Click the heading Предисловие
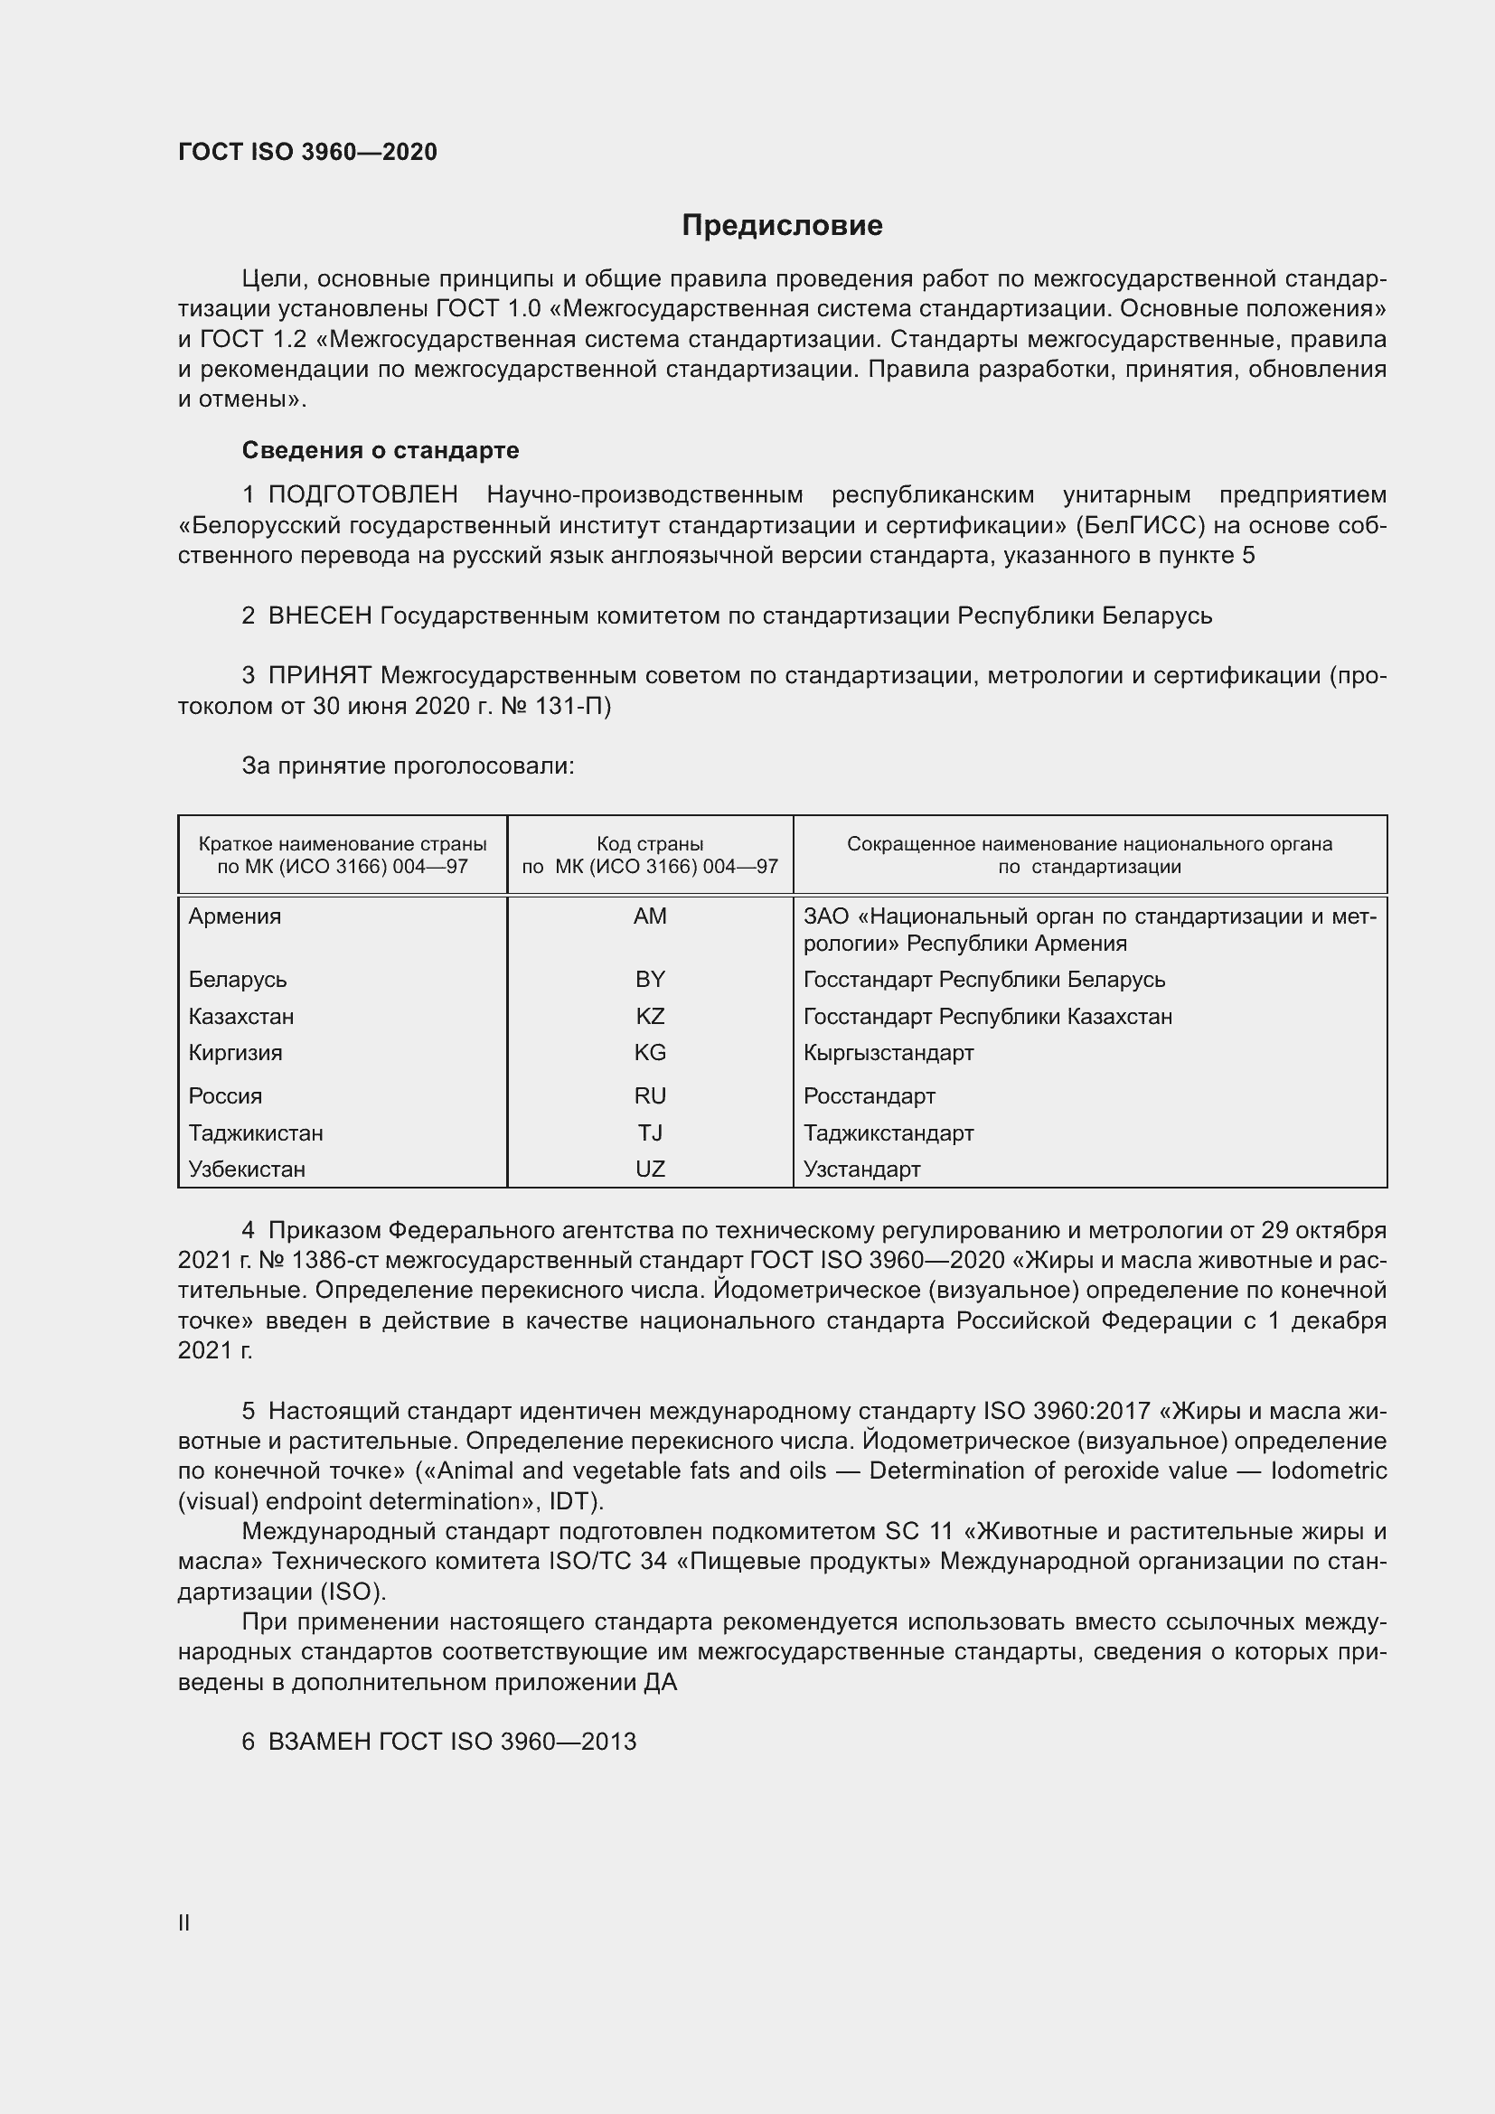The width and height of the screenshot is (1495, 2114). point(782,226)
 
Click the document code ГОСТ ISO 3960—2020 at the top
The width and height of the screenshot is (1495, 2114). point(307,152)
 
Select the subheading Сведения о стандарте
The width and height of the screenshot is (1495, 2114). point(381,450)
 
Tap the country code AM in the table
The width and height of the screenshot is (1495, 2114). point(650,916)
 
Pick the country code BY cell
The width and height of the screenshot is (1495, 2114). point(650,980)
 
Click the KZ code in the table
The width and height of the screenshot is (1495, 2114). point(650,1017)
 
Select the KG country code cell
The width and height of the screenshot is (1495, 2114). point(650,1052)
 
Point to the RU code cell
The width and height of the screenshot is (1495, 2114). point(650,1095)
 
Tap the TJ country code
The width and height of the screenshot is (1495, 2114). point(650,1132)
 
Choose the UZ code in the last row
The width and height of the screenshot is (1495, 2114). point(650,1170)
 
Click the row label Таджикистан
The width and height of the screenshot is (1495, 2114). point(256,1132)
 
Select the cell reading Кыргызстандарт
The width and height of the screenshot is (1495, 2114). point(889,1052)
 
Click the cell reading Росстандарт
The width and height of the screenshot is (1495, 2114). point(869,1095)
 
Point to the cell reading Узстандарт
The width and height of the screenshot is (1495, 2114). point(861,1170)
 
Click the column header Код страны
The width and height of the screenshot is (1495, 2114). point(650,844)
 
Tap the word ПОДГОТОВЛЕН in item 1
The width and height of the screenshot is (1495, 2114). point(362,495)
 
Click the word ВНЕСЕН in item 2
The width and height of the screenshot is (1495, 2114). point(319,616)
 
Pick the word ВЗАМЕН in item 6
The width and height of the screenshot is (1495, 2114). point(318,1742)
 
